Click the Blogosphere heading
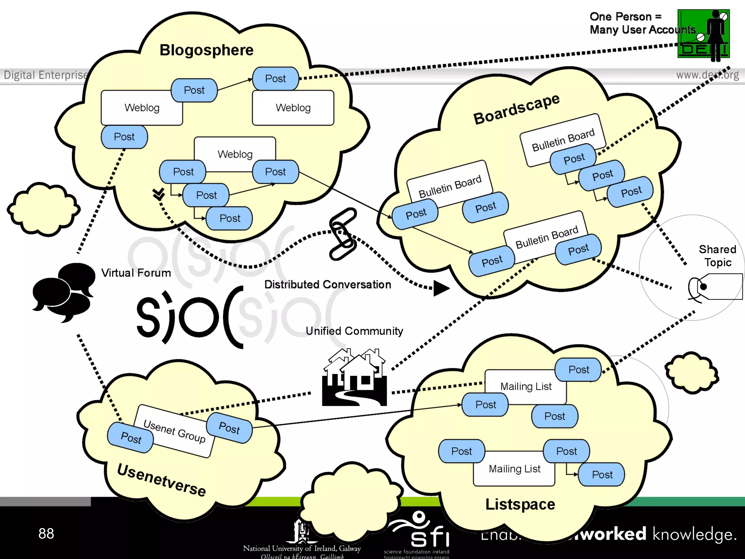coord(206,50)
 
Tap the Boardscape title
coord(516,108)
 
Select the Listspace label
coord(520,504)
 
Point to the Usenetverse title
coord(162,480)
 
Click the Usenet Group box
coord(174,431)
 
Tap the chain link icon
coord(343,234)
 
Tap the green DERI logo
coord(703,34)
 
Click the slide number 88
coord(46,534)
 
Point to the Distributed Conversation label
coord(327,285)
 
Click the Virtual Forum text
coord(136,273)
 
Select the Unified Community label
coord(354,331)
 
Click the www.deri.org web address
coord(707,75)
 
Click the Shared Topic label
coord(717,255)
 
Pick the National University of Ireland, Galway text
coord(302,548)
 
